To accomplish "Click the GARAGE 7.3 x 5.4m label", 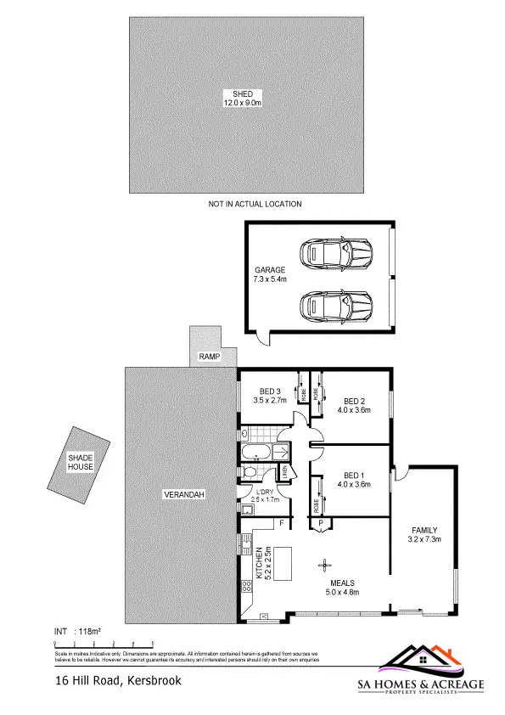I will (270, 274).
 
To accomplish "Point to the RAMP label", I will (209, 357).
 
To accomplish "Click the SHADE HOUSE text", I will (80, 463).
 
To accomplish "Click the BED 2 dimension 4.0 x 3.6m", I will (353, 410).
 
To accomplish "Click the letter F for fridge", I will (279, 523).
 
